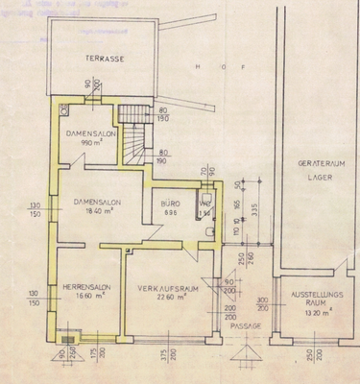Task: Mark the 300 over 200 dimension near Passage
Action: point(263,304)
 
